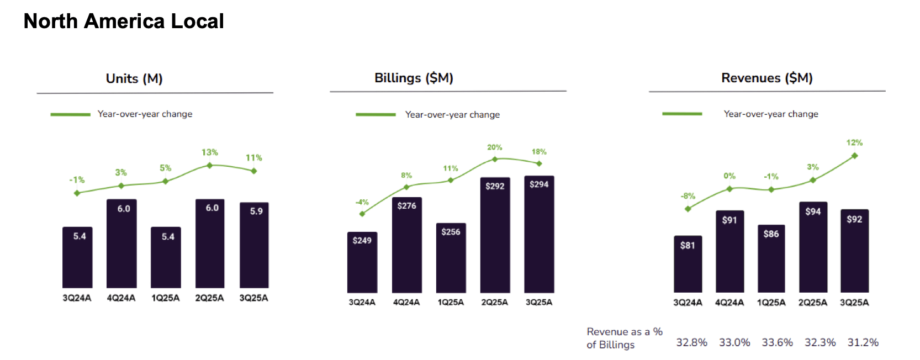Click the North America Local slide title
coord(124,22)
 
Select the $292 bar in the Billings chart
coord(495,235)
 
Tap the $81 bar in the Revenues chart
coord(688,264)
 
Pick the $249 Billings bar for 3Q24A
coord(362,262)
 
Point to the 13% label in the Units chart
coord(209,152)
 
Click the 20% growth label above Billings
coord(494,147)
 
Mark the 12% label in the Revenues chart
coord(854,142)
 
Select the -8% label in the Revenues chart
coord(688,196)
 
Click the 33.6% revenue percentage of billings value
coord(777,342)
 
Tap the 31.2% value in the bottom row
coord(863,342)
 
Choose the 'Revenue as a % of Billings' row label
coord(624,338)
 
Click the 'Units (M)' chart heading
coord(134,78)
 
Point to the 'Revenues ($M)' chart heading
coord(766,78)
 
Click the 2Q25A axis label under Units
coord(209,298)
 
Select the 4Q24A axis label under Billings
coord(406,302)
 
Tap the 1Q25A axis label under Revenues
coord(771,303)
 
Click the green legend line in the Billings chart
coord(376,114)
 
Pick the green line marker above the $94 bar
coord(813,180)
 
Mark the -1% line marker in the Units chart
coord(77,193)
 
